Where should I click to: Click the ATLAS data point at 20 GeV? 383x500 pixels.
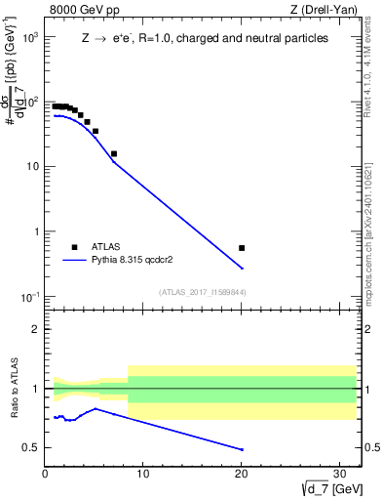pos(242,248)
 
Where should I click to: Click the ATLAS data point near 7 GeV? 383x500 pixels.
pos(114,153)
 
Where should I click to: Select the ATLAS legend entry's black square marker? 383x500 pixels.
pos(74,247)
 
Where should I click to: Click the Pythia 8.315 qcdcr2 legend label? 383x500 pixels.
pos(132,261)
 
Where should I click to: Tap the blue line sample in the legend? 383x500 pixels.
pos(75,261)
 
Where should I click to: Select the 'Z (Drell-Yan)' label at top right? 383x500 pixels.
pos(329,10)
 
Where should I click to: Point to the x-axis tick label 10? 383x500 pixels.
pos(143,476)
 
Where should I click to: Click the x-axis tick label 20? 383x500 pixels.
pos(242,476)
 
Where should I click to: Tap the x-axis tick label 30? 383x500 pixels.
pos(340,476)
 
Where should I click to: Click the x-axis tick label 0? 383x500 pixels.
pos(46,476)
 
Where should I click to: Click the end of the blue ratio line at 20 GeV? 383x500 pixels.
pos(242,449)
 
